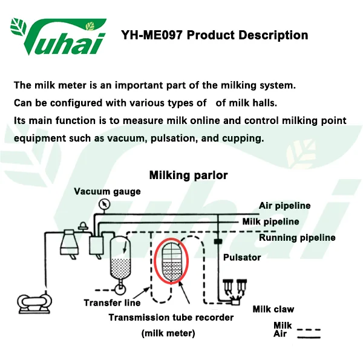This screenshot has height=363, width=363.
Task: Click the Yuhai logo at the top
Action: click(x=58, y=36)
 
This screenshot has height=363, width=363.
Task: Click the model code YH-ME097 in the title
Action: click(x=152, y=35)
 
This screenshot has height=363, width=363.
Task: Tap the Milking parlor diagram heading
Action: click(x=188, y=175)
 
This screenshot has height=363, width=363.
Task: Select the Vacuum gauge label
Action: click(x=107, y=192)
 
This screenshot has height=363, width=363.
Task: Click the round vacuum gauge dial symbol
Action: click(x=104, y=204)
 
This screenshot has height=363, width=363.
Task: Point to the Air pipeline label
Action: click(x=284, y=206)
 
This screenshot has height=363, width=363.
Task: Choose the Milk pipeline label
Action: click(x=270, y=222)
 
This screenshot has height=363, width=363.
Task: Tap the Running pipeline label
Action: click(x=297, y=238)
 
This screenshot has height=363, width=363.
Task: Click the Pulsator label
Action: click(x=242, y=258)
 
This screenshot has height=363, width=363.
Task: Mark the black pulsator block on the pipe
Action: click(x=218, y=241)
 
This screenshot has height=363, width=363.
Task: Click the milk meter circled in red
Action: click(x=171, y=261)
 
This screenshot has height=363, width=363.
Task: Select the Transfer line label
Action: click(x=112, y=303)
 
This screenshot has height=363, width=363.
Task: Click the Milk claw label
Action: click(x=273, y=309)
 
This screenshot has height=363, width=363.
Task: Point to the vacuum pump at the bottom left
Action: click(x=34, y=303)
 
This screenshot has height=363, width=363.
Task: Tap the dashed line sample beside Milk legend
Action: click(x=309, y=330)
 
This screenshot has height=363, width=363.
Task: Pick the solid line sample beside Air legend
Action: click(x=309, y=338)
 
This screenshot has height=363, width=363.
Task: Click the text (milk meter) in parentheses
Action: click(x=168, y=333)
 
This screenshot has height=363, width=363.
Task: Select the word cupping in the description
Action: click(x=243, y=139)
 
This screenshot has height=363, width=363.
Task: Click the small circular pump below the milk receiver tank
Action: click(x=120, y=289)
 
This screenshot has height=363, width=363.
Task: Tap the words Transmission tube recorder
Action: click(x=171, y=318)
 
